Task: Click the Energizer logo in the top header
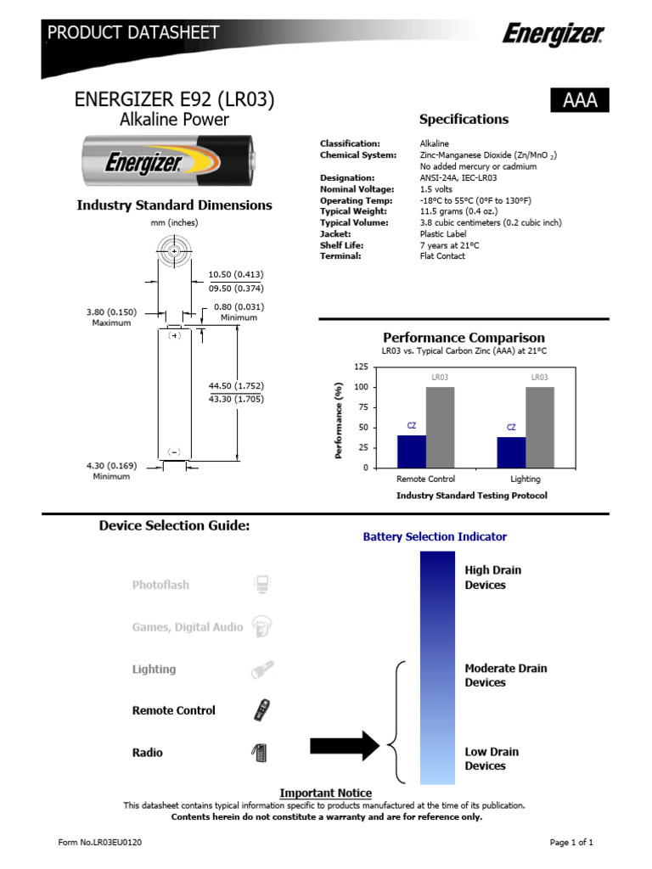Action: click(x=553, y=35)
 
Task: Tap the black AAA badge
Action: click(x=581, y=100)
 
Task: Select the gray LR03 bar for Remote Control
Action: click(x=440, y=427)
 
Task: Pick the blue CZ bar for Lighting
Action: click(x=511, y=451)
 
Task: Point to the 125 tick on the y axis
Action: click(x=361, y=367)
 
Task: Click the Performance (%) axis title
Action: click(x=338, y=420)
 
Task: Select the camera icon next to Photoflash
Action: click(x=262, y=584)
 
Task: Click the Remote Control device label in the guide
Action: click(x=174, y=710)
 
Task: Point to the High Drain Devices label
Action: click(x=492, y=577)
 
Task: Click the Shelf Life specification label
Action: click(x=341, y=244)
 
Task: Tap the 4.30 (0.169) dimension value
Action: click(x=111, y=465)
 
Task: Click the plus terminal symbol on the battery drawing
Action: click(x=174, y=335)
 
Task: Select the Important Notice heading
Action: click(x=325, y=793)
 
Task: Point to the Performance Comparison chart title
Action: click(x=464, y=338)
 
